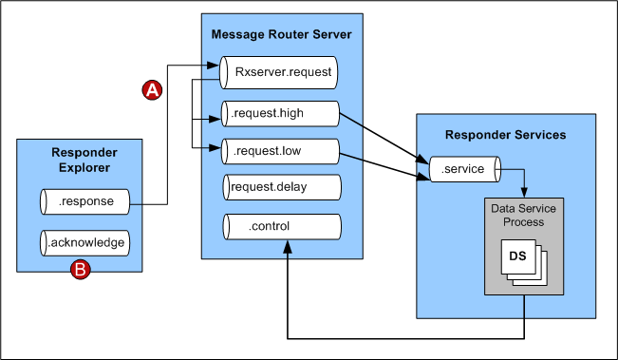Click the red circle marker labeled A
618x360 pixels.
152,90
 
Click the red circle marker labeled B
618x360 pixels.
82,271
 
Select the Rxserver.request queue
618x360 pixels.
280,72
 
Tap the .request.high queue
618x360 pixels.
280,114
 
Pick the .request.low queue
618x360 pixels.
280,150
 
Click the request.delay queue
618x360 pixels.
280,187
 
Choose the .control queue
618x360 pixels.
280,226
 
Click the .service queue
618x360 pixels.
462,170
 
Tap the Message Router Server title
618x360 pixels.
281,35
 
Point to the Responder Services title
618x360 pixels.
506,135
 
